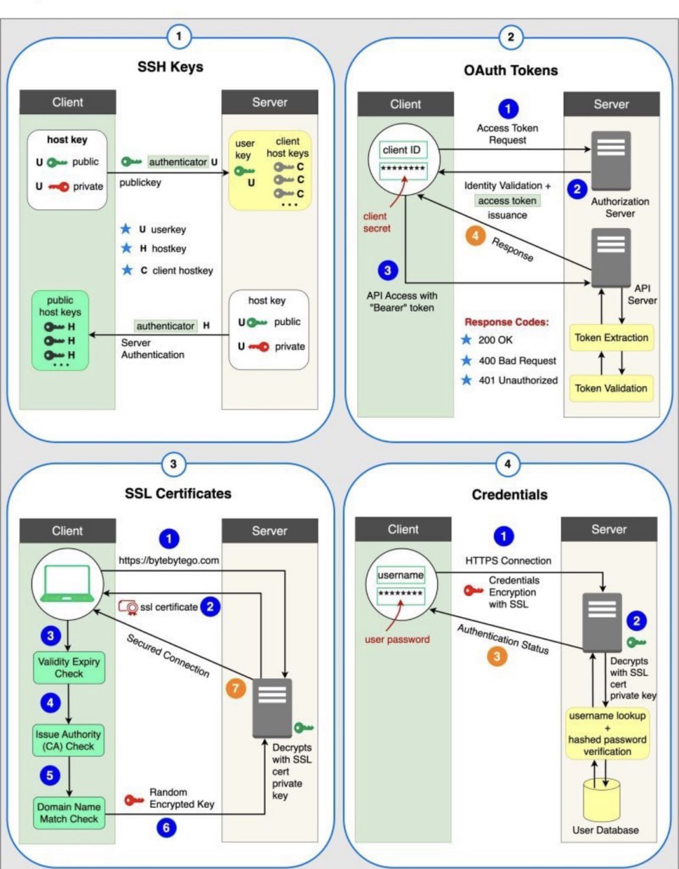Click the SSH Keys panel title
170,67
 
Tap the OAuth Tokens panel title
511,70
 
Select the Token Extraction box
611,337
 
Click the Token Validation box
611,388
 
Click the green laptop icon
66,584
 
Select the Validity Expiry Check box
69,667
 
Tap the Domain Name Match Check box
69,813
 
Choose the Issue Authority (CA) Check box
69,740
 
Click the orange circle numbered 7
235,688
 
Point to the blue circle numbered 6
166,828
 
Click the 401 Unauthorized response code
518,380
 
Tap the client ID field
402,149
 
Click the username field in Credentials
401,575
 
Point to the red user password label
397,639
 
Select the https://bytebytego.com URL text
169,560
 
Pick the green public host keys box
60,331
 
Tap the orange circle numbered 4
476,236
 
